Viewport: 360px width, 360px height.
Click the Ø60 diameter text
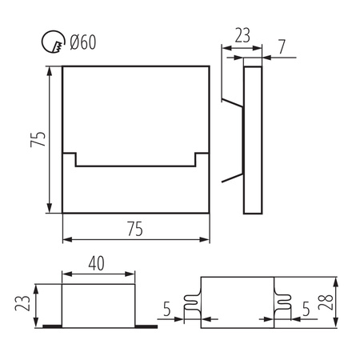click(x=82, y=42)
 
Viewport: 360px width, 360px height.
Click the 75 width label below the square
click(x=134, y=229)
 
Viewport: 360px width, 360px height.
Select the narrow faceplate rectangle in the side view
click(x=253, y=138)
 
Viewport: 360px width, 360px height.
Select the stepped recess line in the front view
click(x=135, y=166)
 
